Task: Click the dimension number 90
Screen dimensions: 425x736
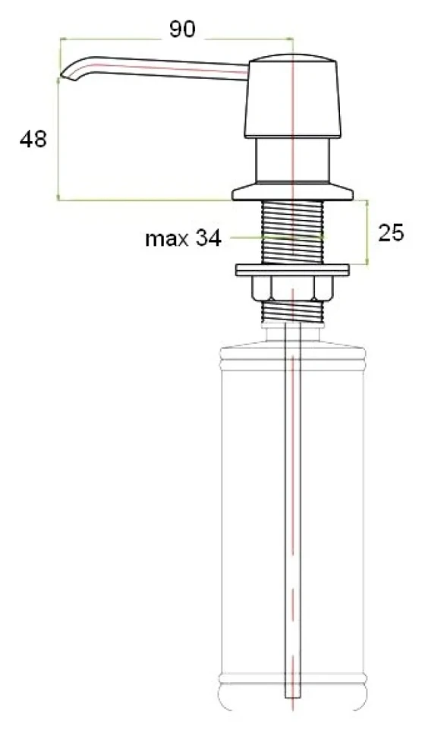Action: point(181,30)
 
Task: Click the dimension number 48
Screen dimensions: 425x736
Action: point(33,139)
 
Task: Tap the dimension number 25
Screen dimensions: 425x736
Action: point(390,232)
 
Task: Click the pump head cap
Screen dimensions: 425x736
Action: point(291,96)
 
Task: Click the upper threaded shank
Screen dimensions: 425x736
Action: point(292,232)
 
